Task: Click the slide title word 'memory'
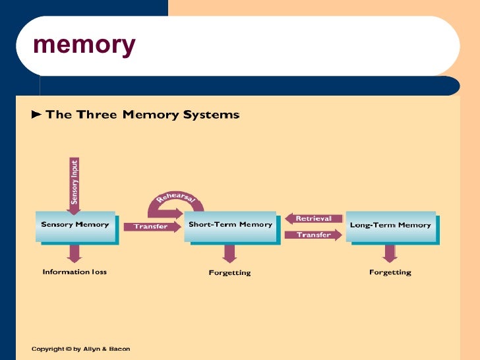(84, 45)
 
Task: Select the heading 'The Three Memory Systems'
(142, 115)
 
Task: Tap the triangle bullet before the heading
(37, 115)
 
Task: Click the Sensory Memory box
(75, 225)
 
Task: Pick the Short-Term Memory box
(230, 225)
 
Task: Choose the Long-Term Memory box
(390, 225)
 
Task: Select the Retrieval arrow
(314, 218)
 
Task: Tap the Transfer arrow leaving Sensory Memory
(152, 227)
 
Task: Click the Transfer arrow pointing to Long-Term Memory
(315, 235)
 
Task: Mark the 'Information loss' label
(75, 272)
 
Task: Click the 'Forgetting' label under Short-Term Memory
(229, 272)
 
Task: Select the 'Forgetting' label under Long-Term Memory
(390, 272)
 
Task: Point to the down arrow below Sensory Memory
(75, 253)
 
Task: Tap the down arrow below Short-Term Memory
(229, 253)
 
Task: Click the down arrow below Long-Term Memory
(390, 253)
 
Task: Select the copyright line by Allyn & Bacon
(80, 348)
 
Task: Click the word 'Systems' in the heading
(212, 115)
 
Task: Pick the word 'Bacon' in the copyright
(119, 348)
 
